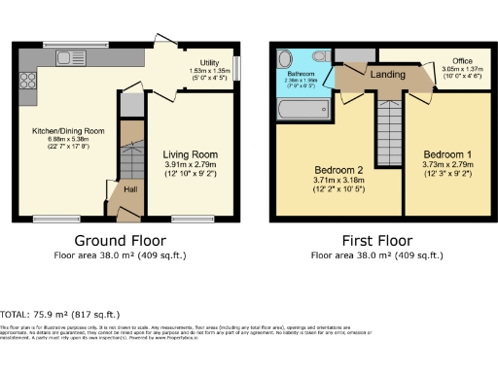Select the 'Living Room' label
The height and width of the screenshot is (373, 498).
pyautogui.click(x=190, y=154)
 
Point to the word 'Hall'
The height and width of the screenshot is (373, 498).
pyautogui.click(x=130, y=190)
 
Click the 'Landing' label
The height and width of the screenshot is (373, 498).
pyautogui.click(x=388, y=74)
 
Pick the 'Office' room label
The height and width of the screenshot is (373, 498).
pyautogui.click(x=447, y=60)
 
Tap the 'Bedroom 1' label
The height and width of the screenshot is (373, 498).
pyautogui.click(x=446, y=154)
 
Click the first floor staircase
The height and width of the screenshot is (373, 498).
pyautogui.click(x=389, y=126)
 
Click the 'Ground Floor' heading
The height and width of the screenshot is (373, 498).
pyautogui.click(x=121, y=240)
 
